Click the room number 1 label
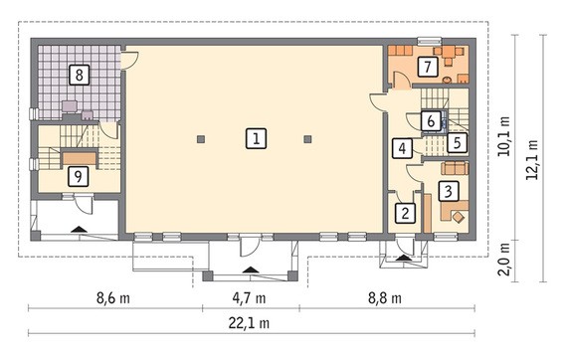[256, 138]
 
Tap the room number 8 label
[79, 75]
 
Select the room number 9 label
[78, 176]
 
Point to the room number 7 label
[428, 67]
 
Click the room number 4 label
[403, 148]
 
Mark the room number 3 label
[448, 191]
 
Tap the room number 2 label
[406, 213]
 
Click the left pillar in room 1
[201, 139]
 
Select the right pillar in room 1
[307, 139]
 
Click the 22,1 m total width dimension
[249, 323]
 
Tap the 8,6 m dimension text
[113, 298]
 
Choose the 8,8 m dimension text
[385, 298]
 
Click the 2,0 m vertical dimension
[505, 260]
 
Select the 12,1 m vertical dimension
[532, 160]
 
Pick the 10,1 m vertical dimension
[505, 136]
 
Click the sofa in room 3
[455, 168]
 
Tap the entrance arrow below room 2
[402, 258]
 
